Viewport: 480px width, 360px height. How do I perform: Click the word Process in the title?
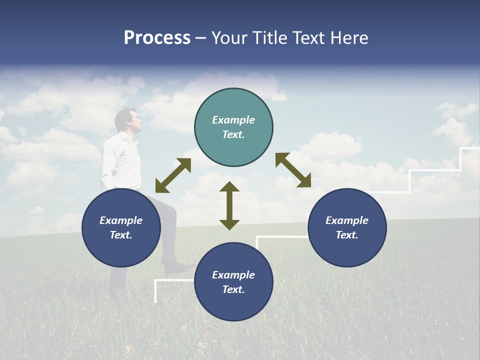[x=157, y=38]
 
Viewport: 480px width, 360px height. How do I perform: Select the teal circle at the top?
[x=233, y=127]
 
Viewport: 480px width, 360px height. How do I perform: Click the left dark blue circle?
[x=121, y=227]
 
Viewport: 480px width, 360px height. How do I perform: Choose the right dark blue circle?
[x=347, y=227]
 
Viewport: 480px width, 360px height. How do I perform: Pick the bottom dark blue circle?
[x=233, y=282]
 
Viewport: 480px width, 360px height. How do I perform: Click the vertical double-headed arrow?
[x=229, y=205]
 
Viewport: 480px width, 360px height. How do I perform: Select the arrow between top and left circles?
[x=173, y=175]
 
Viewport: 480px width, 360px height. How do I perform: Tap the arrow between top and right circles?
[x=293, y=170]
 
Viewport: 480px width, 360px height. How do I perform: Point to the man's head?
[x=126, y=120]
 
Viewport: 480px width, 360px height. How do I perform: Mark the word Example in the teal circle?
[x=233, y=120]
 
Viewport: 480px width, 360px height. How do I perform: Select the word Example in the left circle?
[x=121, y=220]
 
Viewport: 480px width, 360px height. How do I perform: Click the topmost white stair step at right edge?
[x=470, y=148]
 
